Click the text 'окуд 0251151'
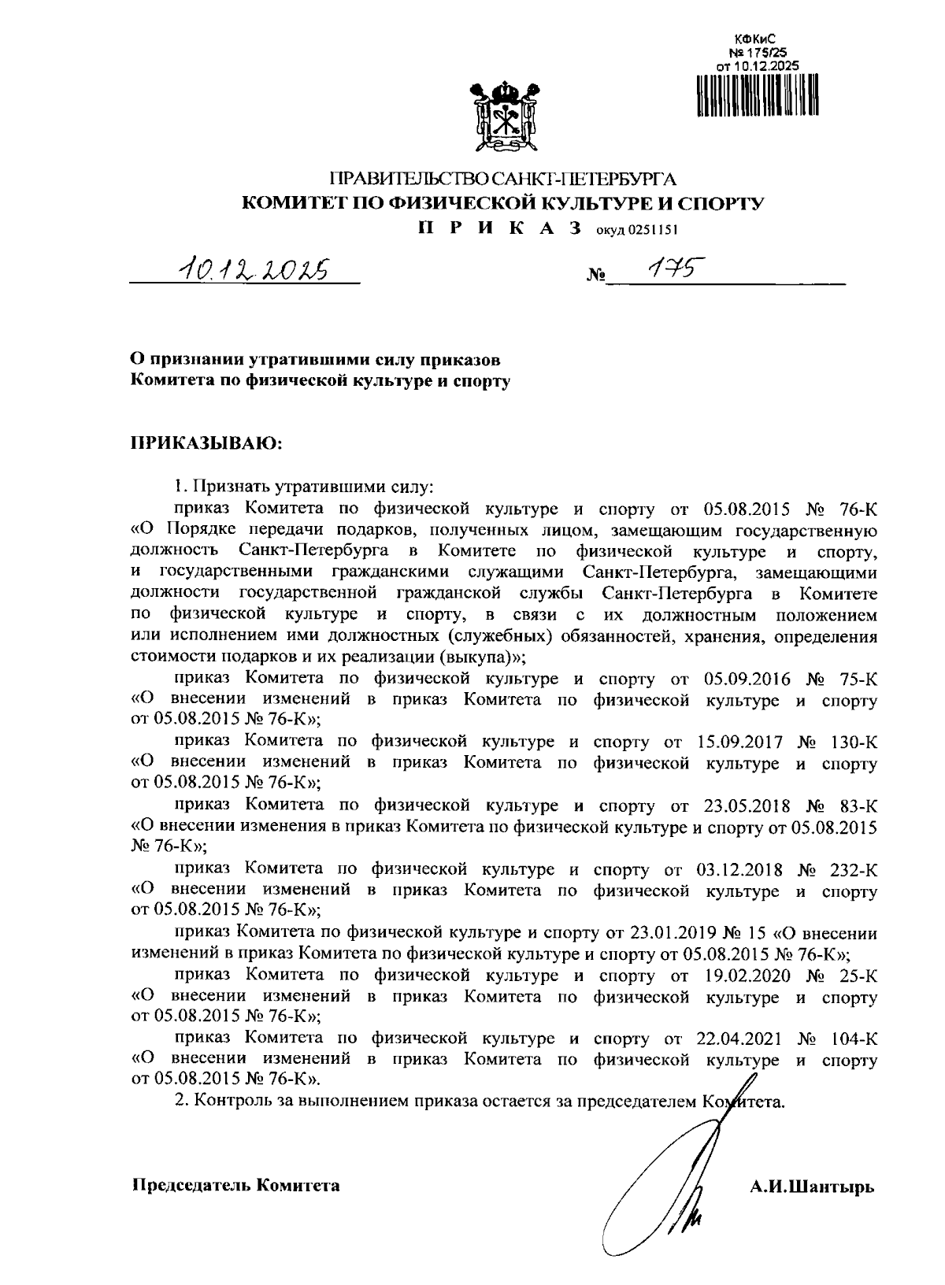(636, 231)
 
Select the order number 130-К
(854, 742)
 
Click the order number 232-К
(854, 870)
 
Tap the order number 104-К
(854, 1039)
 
